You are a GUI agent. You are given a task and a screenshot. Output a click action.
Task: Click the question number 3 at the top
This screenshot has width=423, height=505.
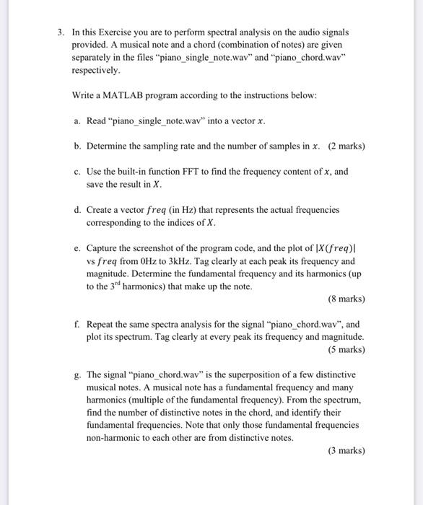point(61,32)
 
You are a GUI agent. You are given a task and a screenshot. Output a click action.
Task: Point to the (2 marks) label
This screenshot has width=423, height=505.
point(346,146)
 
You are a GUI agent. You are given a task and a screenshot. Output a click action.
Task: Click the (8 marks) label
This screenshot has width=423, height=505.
point(346,299)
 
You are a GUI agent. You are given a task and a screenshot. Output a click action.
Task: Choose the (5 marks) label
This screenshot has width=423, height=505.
point(346,350)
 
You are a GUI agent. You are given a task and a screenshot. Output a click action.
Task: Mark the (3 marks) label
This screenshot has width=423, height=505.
point(346,451)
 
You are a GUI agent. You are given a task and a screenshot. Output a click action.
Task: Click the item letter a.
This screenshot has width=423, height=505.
point(77,120)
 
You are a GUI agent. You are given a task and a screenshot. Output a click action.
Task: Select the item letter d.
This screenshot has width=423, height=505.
point(77,210)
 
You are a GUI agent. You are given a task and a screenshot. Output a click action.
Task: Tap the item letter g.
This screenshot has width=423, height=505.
point(77,375)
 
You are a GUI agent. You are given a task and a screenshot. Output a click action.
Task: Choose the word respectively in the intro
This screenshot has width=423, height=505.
point(97,72)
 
